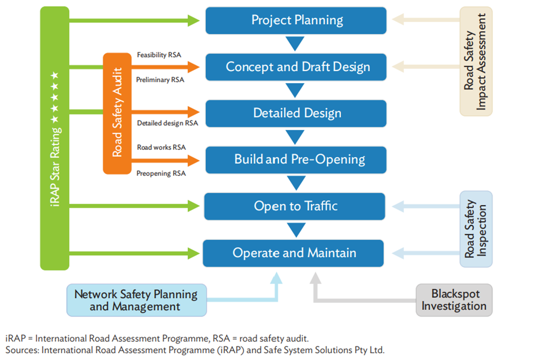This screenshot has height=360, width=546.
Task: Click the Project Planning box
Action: click(x=296, y=21)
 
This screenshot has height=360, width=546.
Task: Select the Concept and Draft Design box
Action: click(x=296, y=67)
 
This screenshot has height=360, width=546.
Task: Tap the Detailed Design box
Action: click(x=296, y=113)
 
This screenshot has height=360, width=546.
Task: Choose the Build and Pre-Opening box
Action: click(x=296, y=159)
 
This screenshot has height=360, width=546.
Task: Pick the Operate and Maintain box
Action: click(x=293, y=253)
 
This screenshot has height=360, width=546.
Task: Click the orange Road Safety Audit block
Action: click(x=117, y=113)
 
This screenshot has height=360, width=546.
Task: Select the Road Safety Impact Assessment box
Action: click(x=476, y=61)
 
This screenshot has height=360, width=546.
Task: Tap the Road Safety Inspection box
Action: click(x=476, y=229)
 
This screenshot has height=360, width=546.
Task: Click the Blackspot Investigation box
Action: click(x=454, y=300)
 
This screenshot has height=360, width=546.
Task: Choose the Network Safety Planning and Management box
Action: click(x=136, y=300)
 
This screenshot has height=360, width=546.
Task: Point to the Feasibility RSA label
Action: click(x=159, y=55)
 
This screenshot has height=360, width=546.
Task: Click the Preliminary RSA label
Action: click(x=160, y=80)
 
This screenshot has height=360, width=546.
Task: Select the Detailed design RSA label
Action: click(x=167, y=123)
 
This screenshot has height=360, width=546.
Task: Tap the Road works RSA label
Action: click(x=161, y=147)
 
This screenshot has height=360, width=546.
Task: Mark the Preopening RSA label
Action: click(x=161, y=173)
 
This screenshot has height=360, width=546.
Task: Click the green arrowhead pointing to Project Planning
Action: click(x=193, y=21)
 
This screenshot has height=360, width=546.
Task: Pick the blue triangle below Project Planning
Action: click(x=295, y=43)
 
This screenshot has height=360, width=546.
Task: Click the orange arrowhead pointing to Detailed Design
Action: click(x=193, y=112)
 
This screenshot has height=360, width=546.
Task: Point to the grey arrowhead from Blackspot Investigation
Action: click(x=316, y=278)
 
